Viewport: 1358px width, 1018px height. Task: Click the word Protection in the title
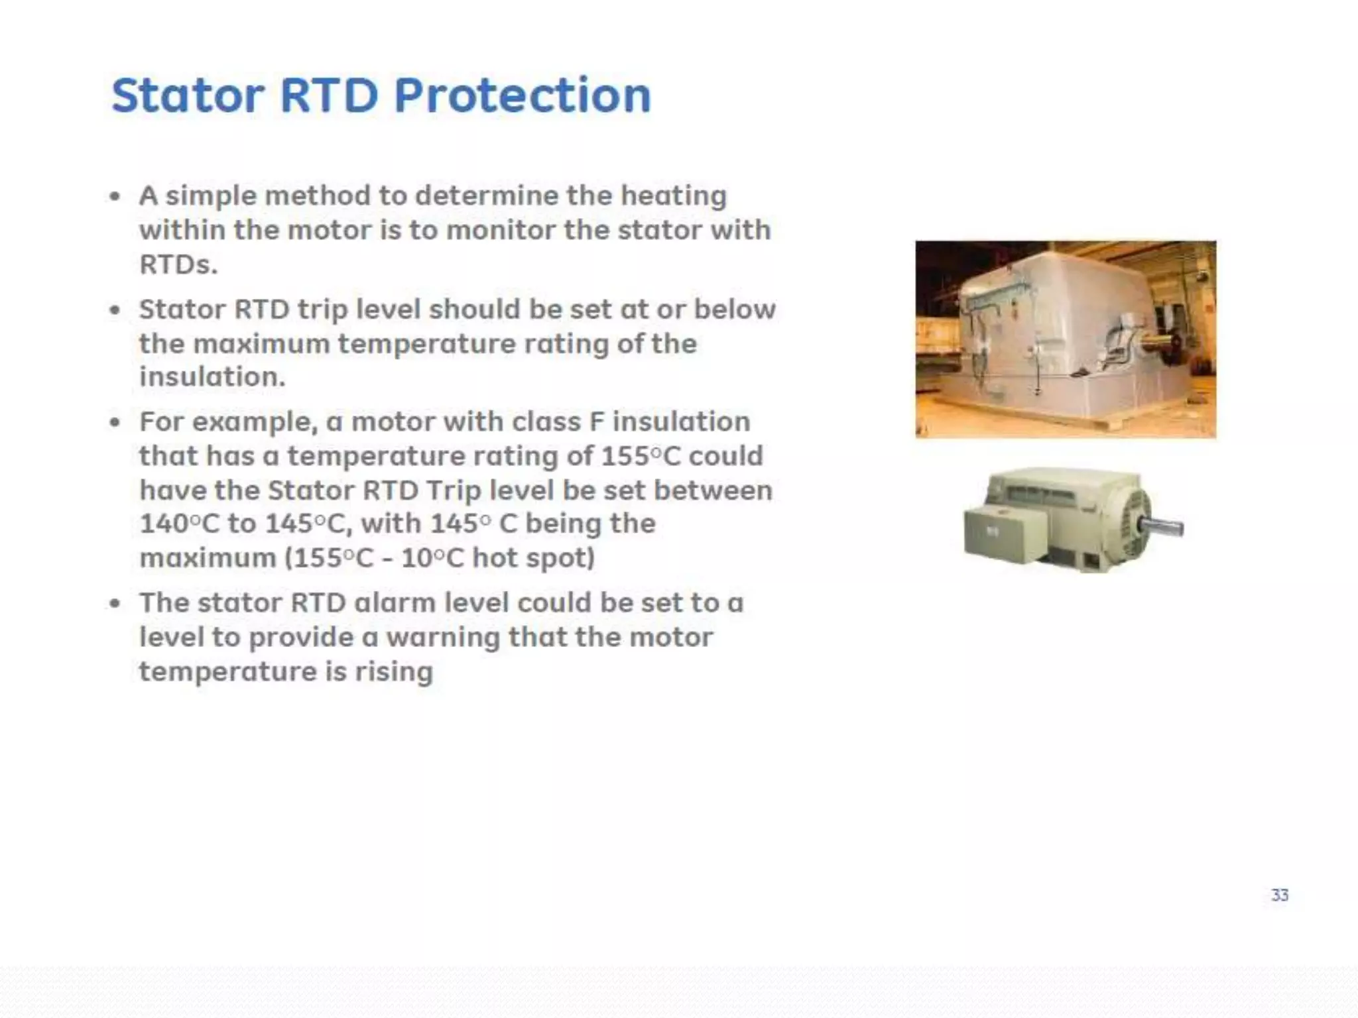pyautogui.click(x=523, y=95)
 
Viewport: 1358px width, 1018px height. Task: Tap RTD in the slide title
pyautogui.click(x=329, y=95)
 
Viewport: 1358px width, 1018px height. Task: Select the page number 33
pyautogui.click(x=1280, y=895)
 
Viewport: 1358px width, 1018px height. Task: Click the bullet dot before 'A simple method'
pyautogui.click(x=115, y=197)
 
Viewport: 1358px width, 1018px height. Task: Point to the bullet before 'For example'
pyautogui.click(x=115, y=423)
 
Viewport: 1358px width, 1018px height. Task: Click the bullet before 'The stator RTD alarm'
pyautogui.click(x=115, y=604)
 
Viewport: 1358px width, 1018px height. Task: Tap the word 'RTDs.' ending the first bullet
pyautogui.click(x=178, y=264)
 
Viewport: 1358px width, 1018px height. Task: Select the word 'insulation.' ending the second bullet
pyautogui.click(x=212, y=377)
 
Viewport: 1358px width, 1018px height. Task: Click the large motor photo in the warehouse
pyautogui.click(x=1066, y=339)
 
